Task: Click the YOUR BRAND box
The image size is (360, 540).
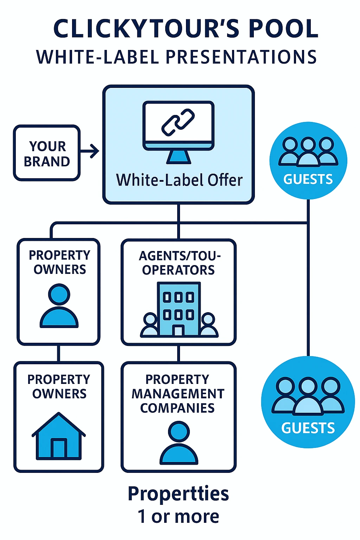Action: pyautogui.click(x=47, y=153)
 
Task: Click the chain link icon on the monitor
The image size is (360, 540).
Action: pyautogui.click(x=178, y=122)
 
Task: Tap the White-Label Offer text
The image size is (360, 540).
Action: pyautogui.click(x=179, y=180)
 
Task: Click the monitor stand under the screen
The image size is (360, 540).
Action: pyautogui.click(x=179, y=157)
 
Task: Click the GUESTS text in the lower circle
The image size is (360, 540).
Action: pyautogui.click(x=308, y=428)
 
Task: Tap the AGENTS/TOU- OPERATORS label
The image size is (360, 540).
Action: pyautogui.click(x=179, y=263)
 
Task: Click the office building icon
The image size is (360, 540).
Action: pyautogui.click(x=179, y=309)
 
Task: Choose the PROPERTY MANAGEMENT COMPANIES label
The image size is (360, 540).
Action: pyautogui.click(x=178, y=394)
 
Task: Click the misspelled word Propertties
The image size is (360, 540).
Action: pyautogui.click(x=178, y=493)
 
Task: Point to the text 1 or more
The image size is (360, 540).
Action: pyautogui.click(x=178, y=516)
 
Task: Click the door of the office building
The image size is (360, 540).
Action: pyautogui.click(x=179, y=330)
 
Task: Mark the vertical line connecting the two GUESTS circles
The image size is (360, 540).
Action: pyautogui.click(x=308, y=281)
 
